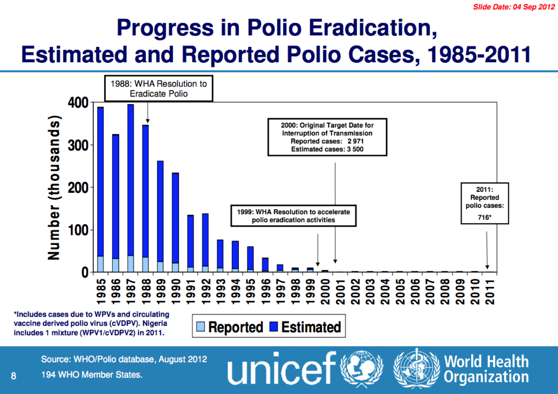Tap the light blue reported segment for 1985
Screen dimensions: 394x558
[100, 264]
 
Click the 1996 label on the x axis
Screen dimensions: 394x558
[265, 292]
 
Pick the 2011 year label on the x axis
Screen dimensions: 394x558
[490, 292]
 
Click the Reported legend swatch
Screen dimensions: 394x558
[200, 327]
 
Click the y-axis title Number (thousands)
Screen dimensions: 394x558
[54, 188]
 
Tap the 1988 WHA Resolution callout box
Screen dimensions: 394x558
[159, 89]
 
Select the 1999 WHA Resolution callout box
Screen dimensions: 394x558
[293, 216]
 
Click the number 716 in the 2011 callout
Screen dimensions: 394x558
[483, 217]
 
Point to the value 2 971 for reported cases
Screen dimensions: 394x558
[356, 141]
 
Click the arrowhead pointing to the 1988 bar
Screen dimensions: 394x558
[148, 121]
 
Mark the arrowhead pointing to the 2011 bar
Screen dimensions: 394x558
[487, 267]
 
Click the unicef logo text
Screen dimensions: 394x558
[282, 368]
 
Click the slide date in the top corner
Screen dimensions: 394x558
[514, 7]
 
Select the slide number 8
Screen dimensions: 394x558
[14, 376]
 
